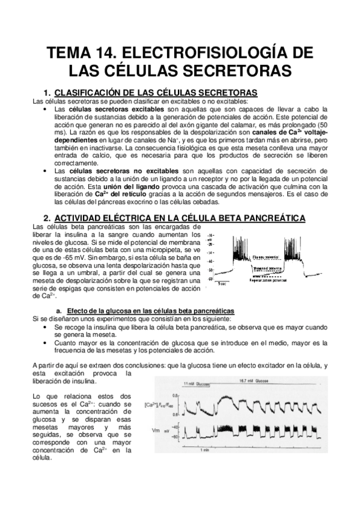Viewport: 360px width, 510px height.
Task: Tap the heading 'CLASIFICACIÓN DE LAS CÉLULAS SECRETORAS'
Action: click(156, 92)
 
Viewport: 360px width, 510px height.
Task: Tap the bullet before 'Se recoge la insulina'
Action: click(47, 326)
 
